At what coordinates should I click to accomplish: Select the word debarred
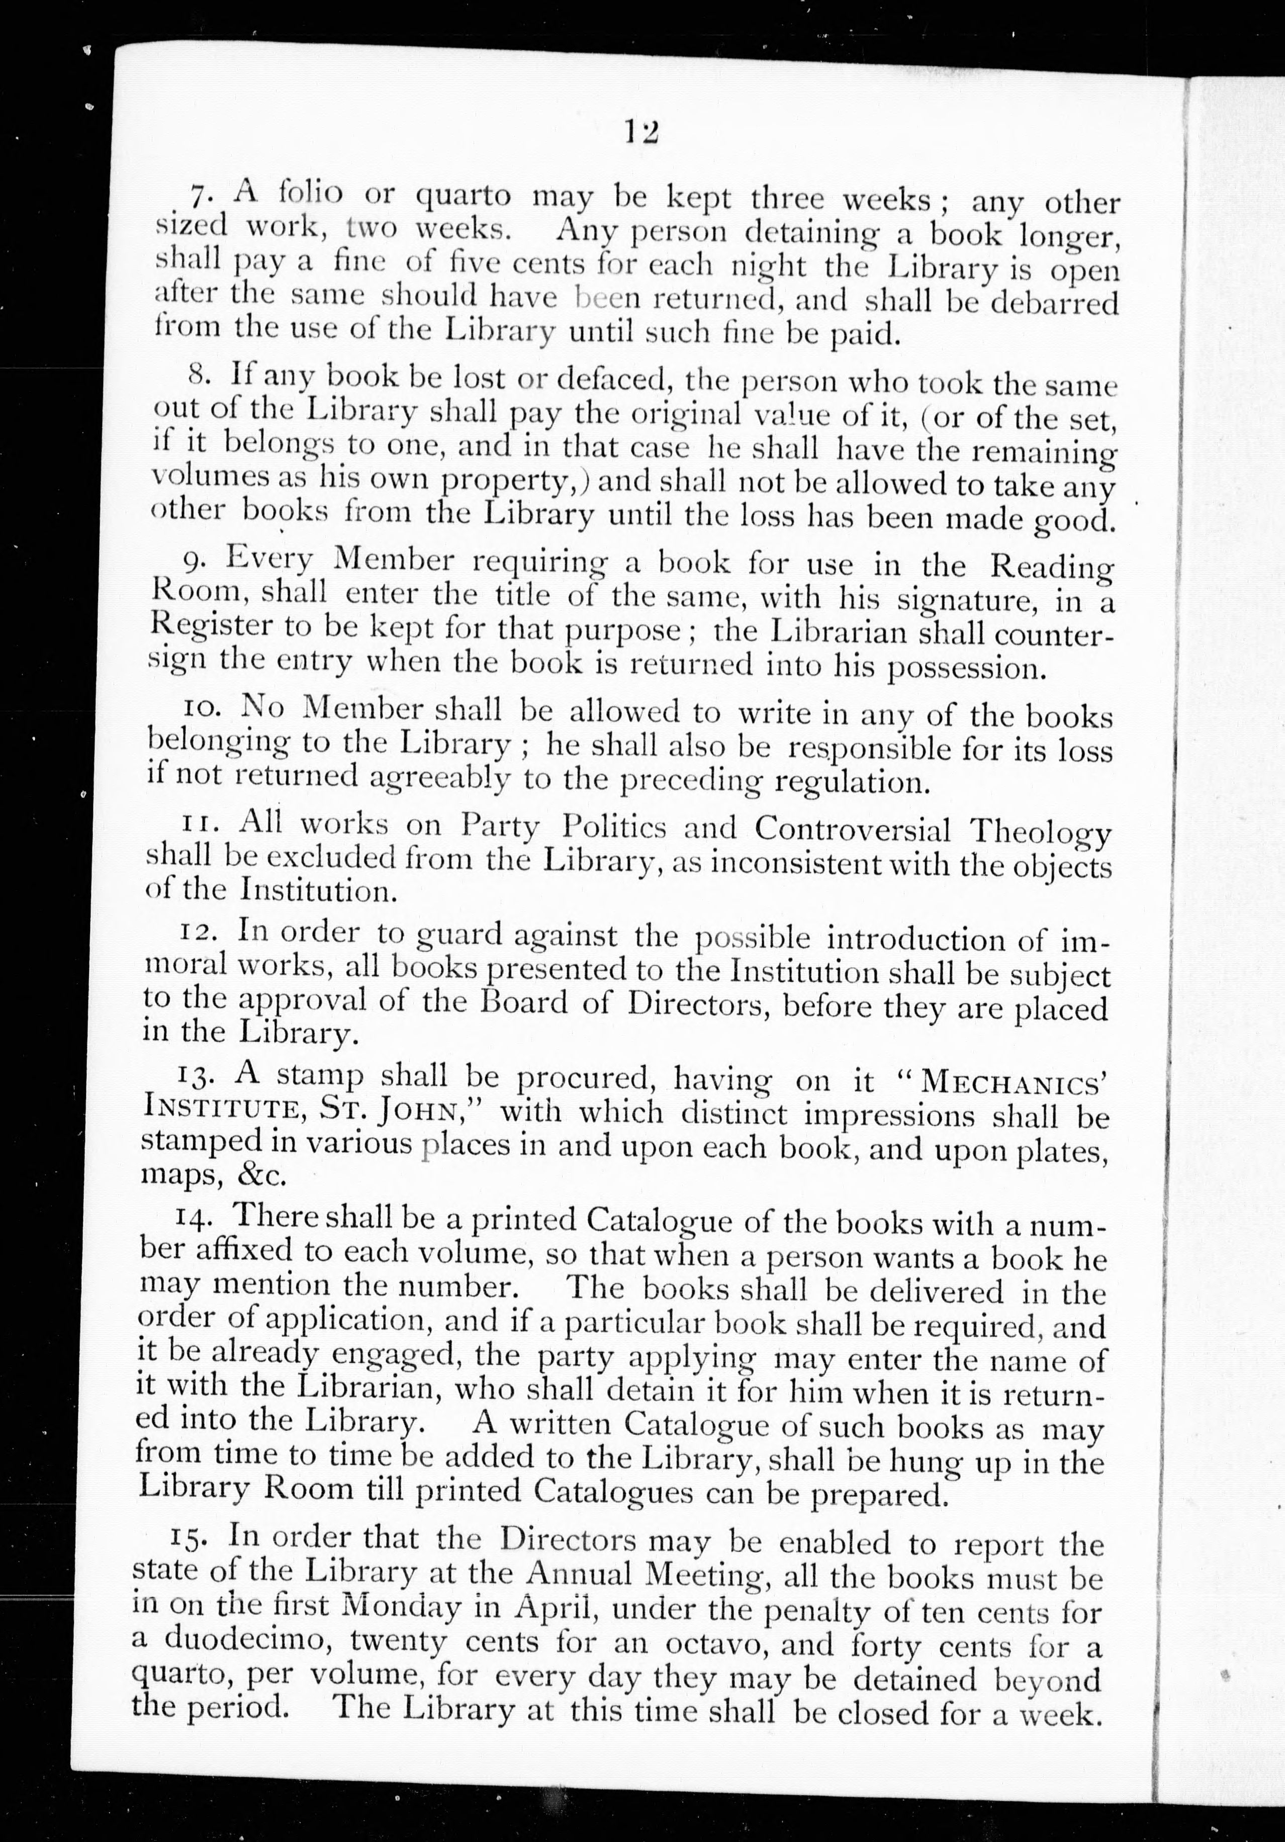1054,303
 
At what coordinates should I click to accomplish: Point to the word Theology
1040,831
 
